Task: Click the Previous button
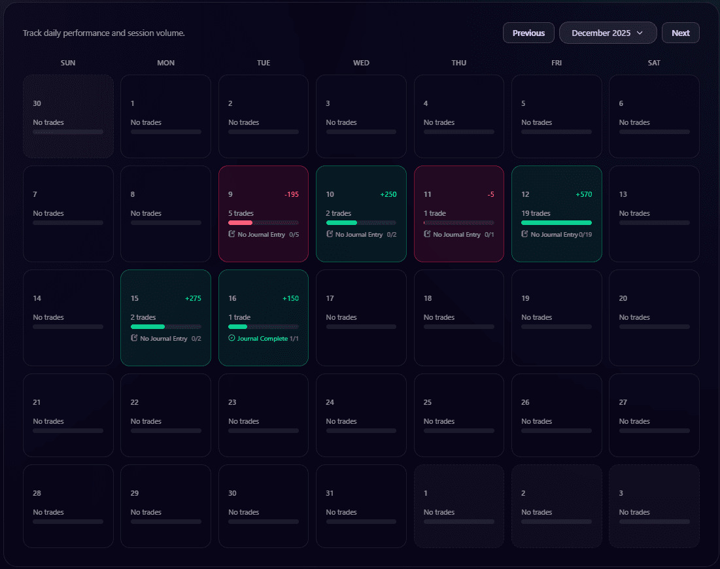pyautogui.click(x=528, y=33)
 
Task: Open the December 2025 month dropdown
pyautogui.click(x=608, y=33)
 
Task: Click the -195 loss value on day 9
pyautogui.click(x=291, y=194)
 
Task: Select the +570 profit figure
pyautogui.click(x=583, y=194)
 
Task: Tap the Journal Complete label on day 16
pyautogui.click(x=262, y=339)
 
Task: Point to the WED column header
pyautogui.click(x=361, y=63)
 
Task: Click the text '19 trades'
pyautogui.click(x=536, y=213)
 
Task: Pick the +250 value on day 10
pyautogui.click(x=388, y=194)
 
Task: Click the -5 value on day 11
pyautogui.click(x=490, y=194)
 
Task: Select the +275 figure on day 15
pyautogui.click(x=193, y=298)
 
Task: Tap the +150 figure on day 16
pyautogui.click(x=290, y=298)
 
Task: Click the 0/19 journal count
pyautogui.click(x=585, y=235)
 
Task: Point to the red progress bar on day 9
pyautogui.click(x=240, y=222)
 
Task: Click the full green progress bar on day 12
pyautogui.click(x=556, y=222)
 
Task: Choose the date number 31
pyautogui.click(x=330, y=493)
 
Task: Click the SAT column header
pyautogui.click(x=654, y=63)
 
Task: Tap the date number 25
pyautogui.click(x=428, y=402)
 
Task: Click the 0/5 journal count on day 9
pyautogui.click(x=294, y=235)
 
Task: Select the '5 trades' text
pyautogui.click(x=241, y=213)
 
